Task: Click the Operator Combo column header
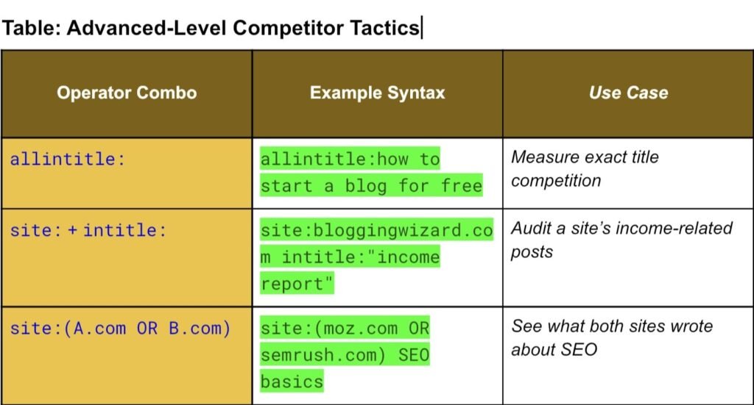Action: tap(127, 93)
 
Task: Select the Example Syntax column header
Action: tap(378, 93)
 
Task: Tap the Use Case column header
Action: tap(629, 93)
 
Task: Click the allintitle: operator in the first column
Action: tap(67, 159)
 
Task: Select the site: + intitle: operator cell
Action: tap(88, 230)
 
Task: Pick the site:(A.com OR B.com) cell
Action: tap(120, 329)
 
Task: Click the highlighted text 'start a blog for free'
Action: tap(371, 186)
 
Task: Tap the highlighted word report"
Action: tap(297, 284)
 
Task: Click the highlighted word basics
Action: tap(292, 381)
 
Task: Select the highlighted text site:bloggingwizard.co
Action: tap(376, 230)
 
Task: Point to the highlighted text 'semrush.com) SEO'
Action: tap(345, 355)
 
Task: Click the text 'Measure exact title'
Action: tap(585, 157)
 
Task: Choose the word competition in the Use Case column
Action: tap(556, 181)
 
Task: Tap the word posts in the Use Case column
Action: tap(532, 252)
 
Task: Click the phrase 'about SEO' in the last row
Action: tap(554, 350)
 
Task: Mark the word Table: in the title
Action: tap(31, 28)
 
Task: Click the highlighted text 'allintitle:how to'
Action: tap(350, 159)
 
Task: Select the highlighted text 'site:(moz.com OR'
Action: tap(345, 329)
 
